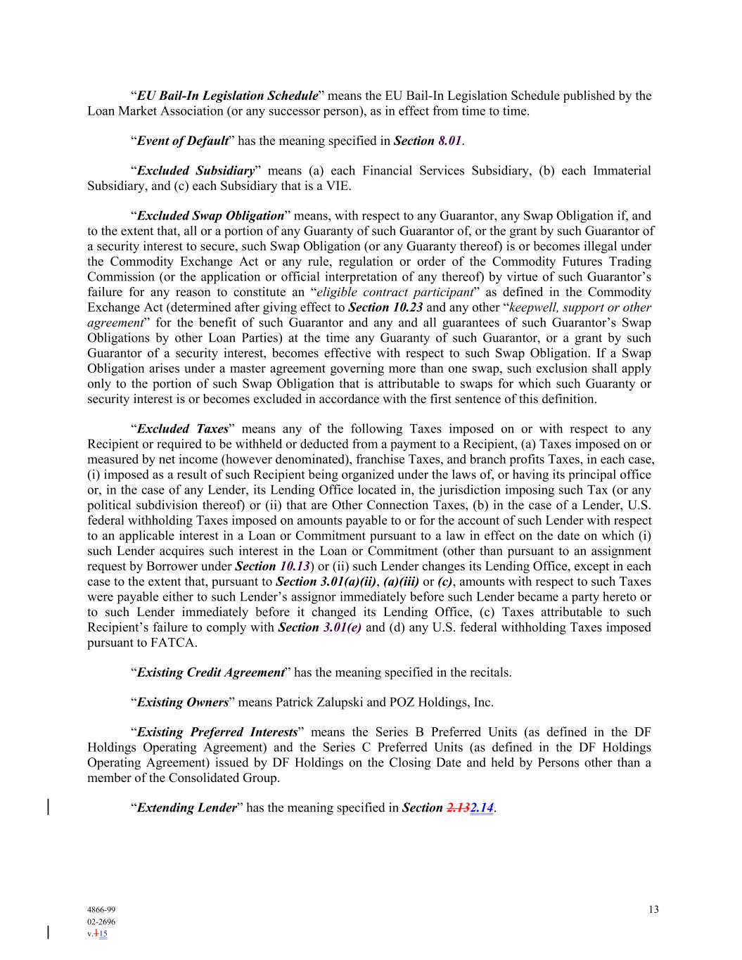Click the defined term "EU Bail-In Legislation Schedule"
(x=227, y=96)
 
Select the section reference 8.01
(x=449, y=141)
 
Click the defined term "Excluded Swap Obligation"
(x=210, y=216)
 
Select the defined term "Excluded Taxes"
(x=182, y=429)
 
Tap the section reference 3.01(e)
(x=342, y=627)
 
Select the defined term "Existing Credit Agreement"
(x=210, y=672)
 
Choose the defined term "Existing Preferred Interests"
(x=217, y=732)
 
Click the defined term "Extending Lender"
(x=186, y=807)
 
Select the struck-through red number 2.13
(x=458, y=807)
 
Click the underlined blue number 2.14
(x=481, y=807)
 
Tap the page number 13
(x=653, y=909)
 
